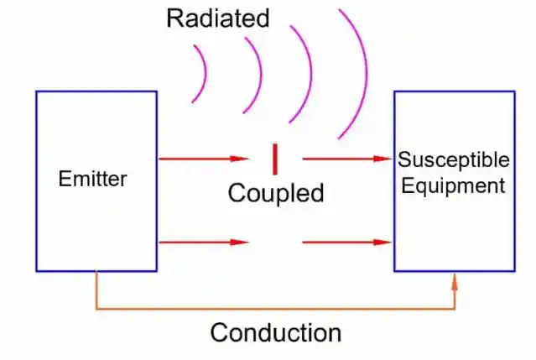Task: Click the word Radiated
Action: pyautogui.click(x=218, y=18)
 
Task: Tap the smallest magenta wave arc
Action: pyautogui.click(x=201, y=74)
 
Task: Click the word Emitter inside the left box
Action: pyautogui.click(x=92, y=179)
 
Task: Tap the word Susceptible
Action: pyautogui.click(x=453, y=159)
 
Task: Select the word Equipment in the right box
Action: pyautogui.click(x=453, y=185)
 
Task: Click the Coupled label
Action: pyautogui.click(x=276, y=194)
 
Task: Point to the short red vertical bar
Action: pyautogui.click(x=274, y=159)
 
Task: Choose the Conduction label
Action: pyautogui.click(x=276, y=332)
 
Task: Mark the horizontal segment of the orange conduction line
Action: pyautogui.click(x=277, y=308)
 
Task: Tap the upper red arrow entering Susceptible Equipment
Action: pyautogui.click(x=347, y=158)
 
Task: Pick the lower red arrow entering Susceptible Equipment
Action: pyautogui.click(x=347, y=243)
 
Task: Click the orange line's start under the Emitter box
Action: pyautogui.click(x=96, y=277)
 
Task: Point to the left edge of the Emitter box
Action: pyautogui.click(x=36, y=180)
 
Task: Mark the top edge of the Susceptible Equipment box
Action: pyautogui.click(x=454, y=91)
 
